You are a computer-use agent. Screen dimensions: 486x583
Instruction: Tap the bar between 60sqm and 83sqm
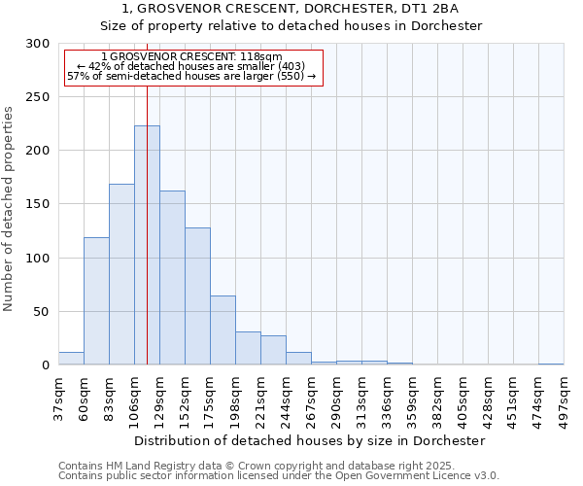point(96,301)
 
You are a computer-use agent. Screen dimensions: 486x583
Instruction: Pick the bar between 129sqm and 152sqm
point(172,278)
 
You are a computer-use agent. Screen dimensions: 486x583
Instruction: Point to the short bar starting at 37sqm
point(71,359)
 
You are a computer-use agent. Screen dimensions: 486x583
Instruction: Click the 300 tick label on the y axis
point(37,44)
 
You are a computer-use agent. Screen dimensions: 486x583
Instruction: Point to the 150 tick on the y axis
point(37,204)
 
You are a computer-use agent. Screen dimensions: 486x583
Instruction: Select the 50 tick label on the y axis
point(41,312)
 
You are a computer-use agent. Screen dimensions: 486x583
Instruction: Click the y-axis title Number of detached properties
point(9,209)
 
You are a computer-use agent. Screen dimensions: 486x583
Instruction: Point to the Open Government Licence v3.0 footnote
point(389,476)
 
